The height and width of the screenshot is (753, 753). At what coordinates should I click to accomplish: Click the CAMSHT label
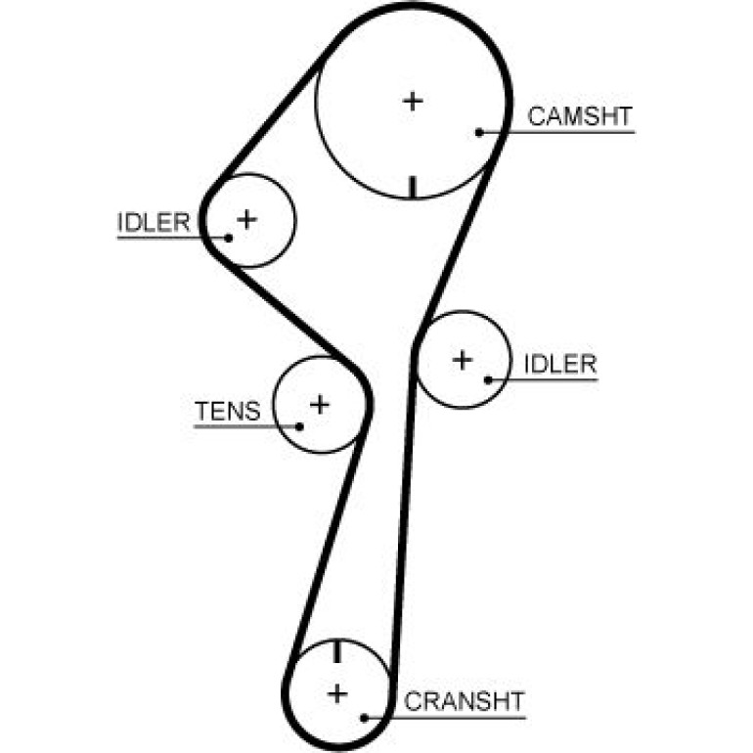click(580, 116)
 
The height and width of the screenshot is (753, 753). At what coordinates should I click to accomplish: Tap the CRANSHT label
click(464, 701)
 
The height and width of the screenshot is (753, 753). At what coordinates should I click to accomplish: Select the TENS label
click(228, 411)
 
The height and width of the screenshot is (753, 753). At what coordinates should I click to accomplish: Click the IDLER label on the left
click(154, 222)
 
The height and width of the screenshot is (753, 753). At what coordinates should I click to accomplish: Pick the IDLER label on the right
click(560, 364)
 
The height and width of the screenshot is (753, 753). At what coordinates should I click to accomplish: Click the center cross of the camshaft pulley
click(413, 102)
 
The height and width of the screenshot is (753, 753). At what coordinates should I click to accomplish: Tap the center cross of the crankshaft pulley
click(337, 694)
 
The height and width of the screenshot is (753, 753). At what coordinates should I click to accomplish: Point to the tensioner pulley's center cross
click(320, 405)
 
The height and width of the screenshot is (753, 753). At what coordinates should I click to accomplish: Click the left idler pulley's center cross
click(246, 220)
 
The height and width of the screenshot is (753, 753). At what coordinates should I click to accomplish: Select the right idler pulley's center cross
click(463, 360)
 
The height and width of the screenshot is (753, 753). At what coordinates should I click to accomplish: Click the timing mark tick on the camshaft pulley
click(412, 188)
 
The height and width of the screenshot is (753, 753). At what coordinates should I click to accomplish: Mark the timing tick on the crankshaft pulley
click(336, 651)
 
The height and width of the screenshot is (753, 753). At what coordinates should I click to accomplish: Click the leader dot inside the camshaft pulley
click(479, 132)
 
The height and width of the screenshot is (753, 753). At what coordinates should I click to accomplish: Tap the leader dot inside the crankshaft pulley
click(364, 718)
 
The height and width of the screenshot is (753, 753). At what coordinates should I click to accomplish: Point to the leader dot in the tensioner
click(299, 426)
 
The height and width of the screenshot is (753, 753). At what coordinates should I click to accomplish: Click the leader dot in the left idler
click(229, 238)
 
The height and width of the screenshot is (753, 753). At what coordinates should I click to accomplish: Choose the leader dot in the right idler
click(488, 379)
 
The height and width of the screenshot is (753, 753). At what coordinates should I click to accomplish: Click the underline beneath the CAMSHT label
click(557, 132)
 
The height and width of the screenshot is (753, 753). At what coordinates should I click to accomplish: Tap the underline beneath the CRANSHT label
click(445, 718)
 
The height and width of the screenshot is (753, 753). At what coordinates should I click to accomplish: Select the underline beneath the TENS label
click(246, 426)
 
